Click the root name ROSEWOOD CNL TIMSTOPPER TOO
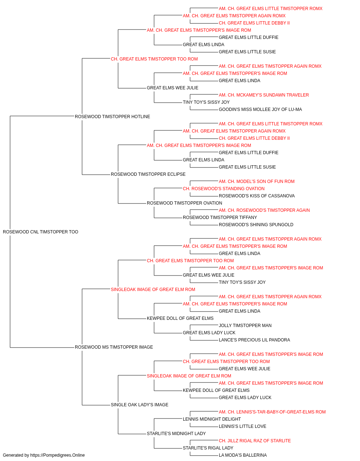click(x=40, y=232)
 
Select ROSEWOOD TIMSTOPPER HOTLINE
click(x=112, y=117)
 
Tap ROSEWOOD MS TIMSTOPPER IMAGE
click(x=114, y=347)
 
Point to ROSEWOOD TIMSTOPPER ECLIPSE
click(x=148, y=174)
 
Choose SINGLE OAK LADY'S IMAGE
click(x=140, y=405)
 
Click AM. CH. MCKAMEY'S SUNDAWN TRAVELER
click(x=264, y=95)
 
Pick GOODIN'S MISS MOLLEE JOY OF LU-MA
click(x=260, y=109)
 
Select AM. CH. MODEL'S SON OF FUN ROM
click(x=257, y=182)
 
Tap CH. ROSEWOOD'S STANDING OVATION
click(x=224, y=189)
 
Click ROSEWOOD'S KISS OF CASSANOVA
click(x=257, y=196)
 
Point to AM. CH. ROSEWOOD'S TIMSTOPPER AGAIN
click(x=264, y=210)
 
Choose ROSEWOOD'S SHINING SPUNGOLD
click(x=256, y=225)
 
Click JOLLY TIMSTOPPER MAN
click(x=245, y=326)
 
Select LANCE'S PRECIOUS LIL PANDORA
click(x=255, y=340)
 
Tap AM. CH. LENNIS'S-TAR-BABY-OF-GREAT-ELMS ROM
click(x=272, y=412)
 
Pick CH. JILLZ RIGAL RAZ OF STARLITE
click(x=255, y=441)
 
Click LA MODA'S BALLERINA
click(x=243, y=455)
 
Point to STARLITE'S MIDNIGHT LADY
click(x=176, y=434)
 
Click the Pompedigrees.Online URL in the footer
click(x=58, y=455)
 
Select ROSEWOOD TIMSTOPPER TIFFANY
click(x=220, y=218)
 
